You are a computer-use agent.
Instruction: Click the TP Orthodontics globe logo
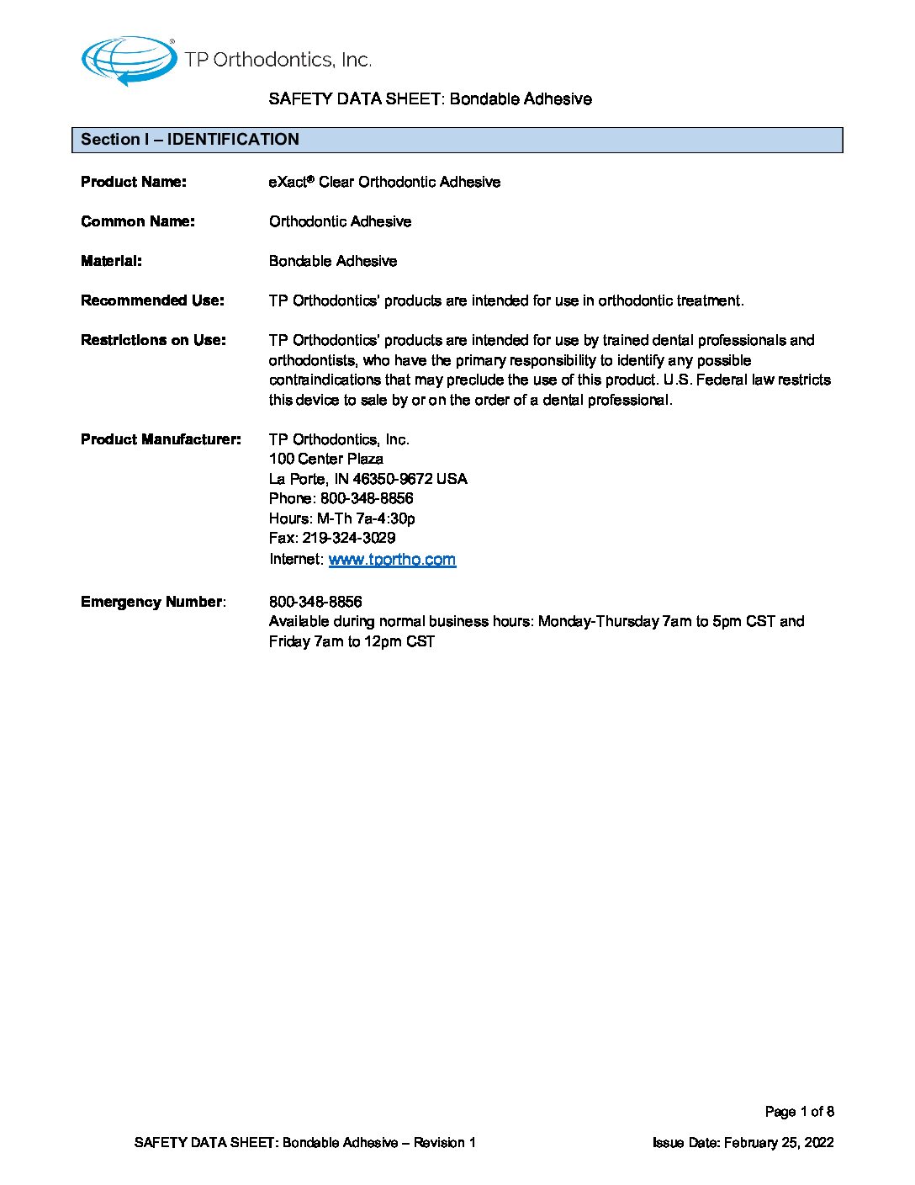128,60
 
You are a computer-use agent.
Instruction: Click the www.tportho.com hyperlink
392,560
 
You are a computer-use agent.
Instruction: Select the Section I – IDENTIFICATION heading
190,140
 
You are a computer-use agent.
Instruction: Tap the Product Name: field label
134,182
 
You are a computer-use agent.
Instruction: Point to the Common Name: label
138,221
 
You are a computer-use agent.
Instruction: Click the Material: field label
111,261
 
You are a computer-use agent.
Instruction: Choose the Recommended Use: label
152,300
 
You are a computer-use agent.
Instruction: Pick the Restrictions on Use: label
153,340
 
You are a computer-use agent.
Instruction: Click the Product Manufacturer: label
161,439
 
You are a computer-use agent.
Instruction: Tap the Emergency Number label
152,602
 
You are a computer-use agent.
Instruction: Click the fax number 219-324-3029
349,538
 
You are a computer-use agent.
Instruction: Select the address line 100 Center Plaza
326,459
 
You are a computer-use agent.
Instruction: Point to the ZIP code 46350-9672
392,479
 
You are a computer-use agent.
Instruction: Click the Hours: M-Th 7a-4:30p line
342,518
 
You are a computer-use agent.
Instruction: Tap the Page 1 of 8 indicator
799,1112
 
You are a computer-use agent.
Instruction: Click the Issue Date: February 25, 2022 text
743,1142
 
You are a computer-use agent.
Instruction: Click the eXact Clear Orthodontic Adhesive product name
384,182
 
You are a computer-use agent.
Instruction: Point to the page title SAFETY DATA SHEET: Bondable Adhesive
430,99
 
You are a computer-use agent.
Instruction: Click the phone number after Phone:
367,498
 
